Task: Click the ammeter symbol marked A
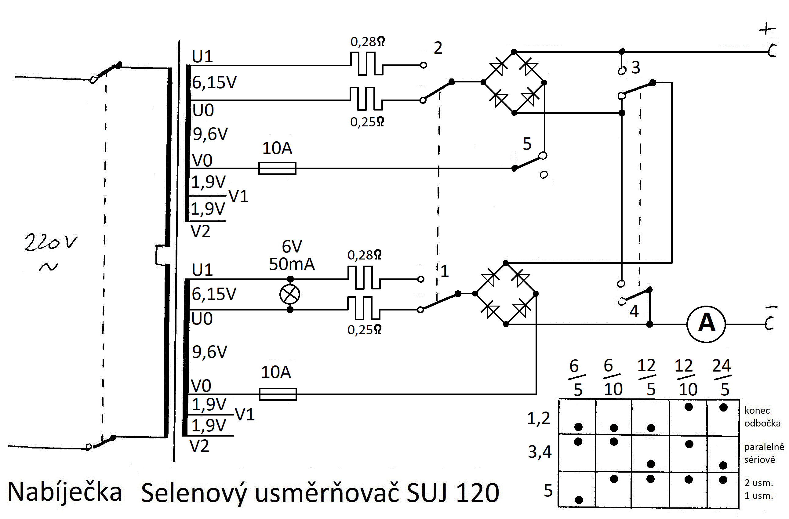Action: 706,324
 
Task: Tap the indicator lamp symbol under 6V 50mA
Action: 290,294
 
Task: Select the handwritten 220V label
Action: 50,243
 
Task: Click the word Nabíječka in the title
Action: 65,492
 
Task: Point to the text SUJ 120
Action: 453,493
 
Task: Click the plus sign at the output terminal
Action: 767,30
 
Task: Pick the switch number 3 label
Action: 635,67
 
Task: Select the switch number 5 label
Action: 527,144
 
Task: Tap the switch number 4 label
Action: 634,311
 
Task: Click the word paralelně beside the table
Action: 764,447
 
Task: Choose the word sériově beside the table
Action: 759,460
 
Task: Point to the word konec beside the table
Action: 757,411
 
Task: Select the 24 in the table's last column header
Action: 722,366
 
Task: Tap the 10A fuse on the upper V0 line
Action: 277,168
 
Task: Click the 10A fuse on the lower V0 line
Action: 278,394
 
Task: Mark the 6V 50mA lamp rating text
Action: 292,256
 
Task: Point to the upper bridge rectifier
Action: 514,82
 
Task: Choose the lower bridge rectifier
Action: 506,294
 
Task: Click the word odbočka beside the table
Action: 762,423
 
